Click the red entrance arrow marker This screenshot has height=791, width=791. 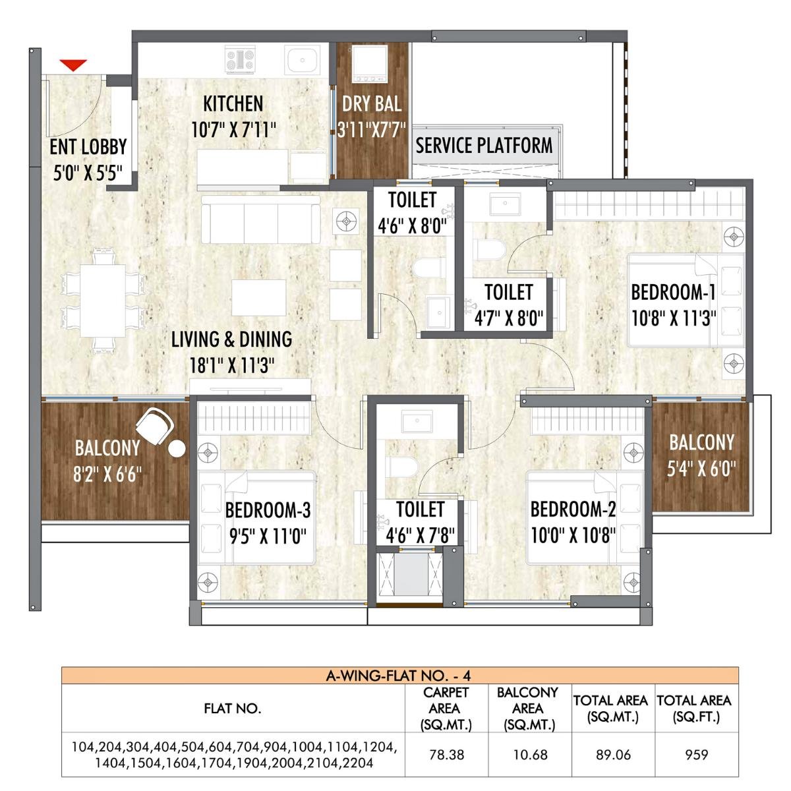(x=73, y=65)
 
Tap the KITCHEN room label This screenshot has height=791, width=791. (x=233, y=104)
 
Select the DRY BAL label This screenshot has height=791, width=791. (x=371, y=104)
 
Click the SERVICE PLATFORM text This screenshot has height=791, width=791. (x=484, y=146)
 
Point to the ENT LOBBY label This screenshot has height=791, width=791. (x=88, y=147)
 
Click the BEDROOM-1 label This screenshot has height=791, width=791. (x=673, y=292)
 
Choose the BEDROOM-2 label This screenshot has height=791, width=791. (x=573, y=510)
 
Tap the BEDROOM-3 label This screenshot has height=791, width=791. (x=268, y=510)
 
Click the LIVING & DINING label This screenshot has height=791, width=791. (x=231, y=339)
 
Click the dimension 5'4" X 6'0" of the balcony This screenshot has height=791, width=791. (x=701, y=469)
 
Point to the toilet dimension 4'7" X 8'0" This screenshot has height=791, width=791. (x=508, y=319)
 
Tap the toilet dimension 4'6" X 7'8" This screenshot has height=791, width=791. (x=420, y=535)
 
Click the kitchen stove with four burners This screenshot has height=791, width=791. (x=240, y=60)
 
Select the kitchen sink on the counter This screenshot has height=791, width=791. (x=303, y=61)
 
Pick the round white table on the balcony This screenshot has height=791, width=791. (x=177, y=450)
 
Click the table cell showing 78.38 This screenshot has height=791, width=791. (x=446, y=754)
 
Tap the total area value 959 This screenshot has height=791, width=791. (x=696, y=754)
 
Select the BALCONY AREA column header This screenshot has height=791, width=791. (x=528, y=709)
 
